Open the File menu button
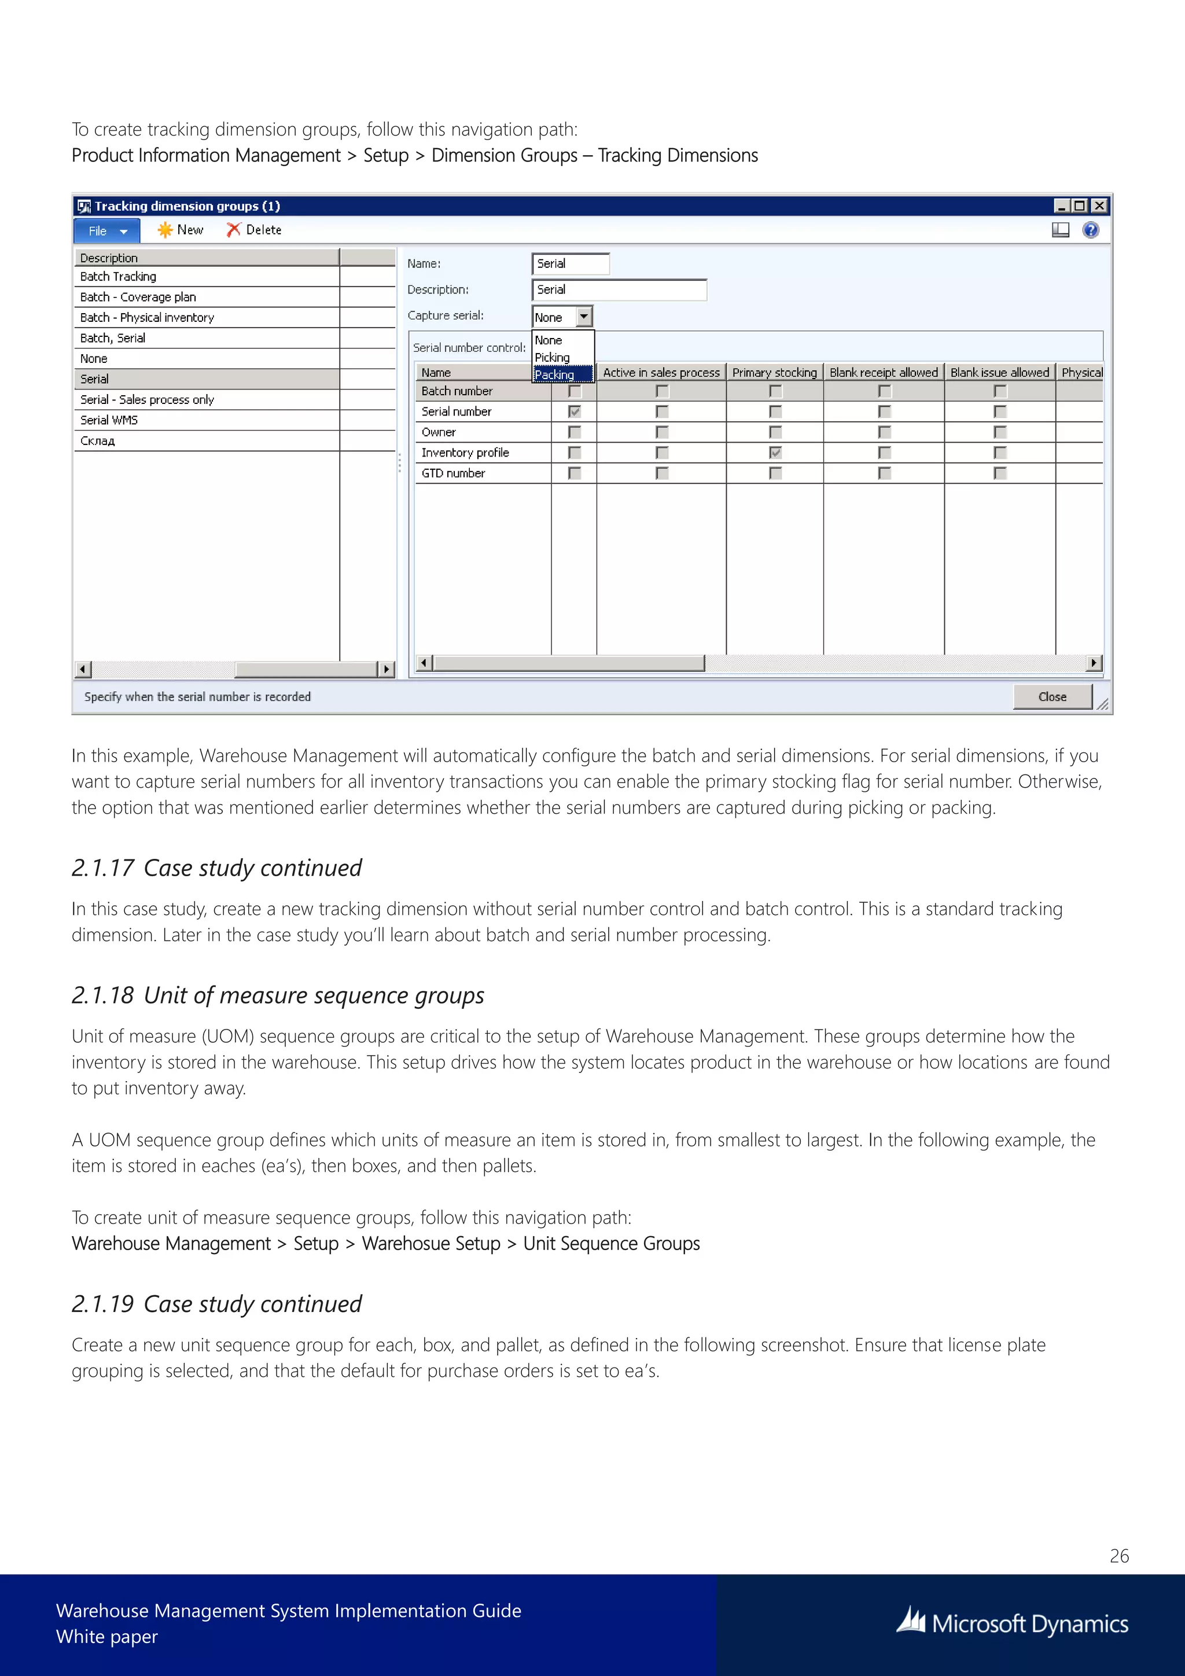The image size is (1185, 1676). tap(106, 231)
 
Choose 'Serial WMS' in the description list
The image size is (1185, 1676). tap(109, 420)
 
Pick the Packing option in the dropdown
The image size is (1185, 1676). tap(554, 374)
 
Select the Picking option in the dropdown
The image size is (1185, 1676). tap(553, 357)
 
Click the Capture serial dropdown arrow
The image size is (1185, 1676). tap(584, 317)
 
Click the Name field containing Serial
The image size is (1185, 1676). tap(570, 263)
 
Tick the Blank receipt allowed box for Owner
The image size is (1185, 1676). tap(884, 432)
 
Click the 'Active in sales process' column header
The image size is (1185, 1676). tap(661, 372)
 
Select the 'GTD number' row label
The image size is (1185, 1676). tap(453, 473)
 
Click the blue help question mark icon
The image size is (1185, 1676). tap(1090, 230)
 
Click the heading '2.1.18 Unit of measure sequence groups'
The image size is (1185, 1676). tap(278, 995)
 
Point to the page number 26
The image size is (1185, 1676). tap(1118, 1556)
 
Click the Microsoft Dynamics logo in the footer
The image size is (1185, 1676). tap(1013, 1623)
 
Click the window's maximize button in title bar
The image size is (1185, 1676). tap(1079, 206)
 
